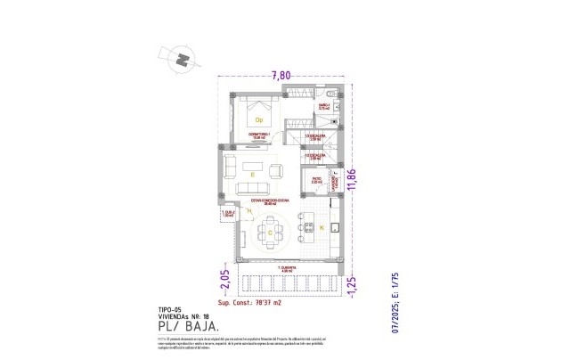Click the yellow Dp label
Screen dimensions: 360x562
[x=260, y=120]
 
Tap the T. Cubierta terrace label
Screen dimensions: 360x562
[x=286, y=267]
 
